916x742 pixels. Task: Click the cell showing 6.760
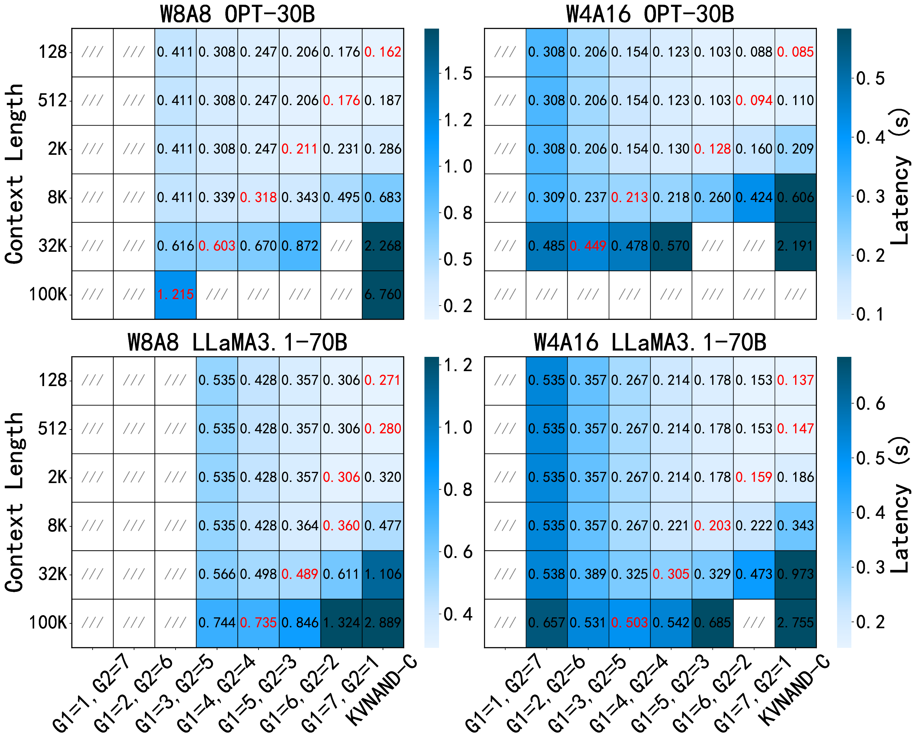pos(382,294)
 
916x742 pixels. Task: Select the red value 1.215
pos(175,294)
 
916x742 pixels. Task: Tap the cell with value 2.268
pos(382,246)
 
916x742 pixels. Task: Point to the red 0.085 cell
pos(795,52)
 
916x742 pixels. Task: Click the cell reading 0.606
pos(795,197)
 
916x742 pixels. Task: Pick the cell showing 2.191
pos(795,246)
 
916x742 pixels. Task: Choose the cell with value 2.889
pos(382,623)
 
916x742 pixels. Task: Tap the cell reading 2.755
pos(795,623)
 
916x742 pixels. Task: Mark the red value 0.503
pos(629,623)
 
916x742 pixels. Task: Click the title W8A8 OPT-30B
pos(237,14)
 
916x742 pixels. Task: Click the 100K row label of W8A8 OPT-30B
pos(48,294)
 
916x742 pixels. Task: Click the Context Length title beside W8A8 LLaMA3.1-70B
pos(15,502)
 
